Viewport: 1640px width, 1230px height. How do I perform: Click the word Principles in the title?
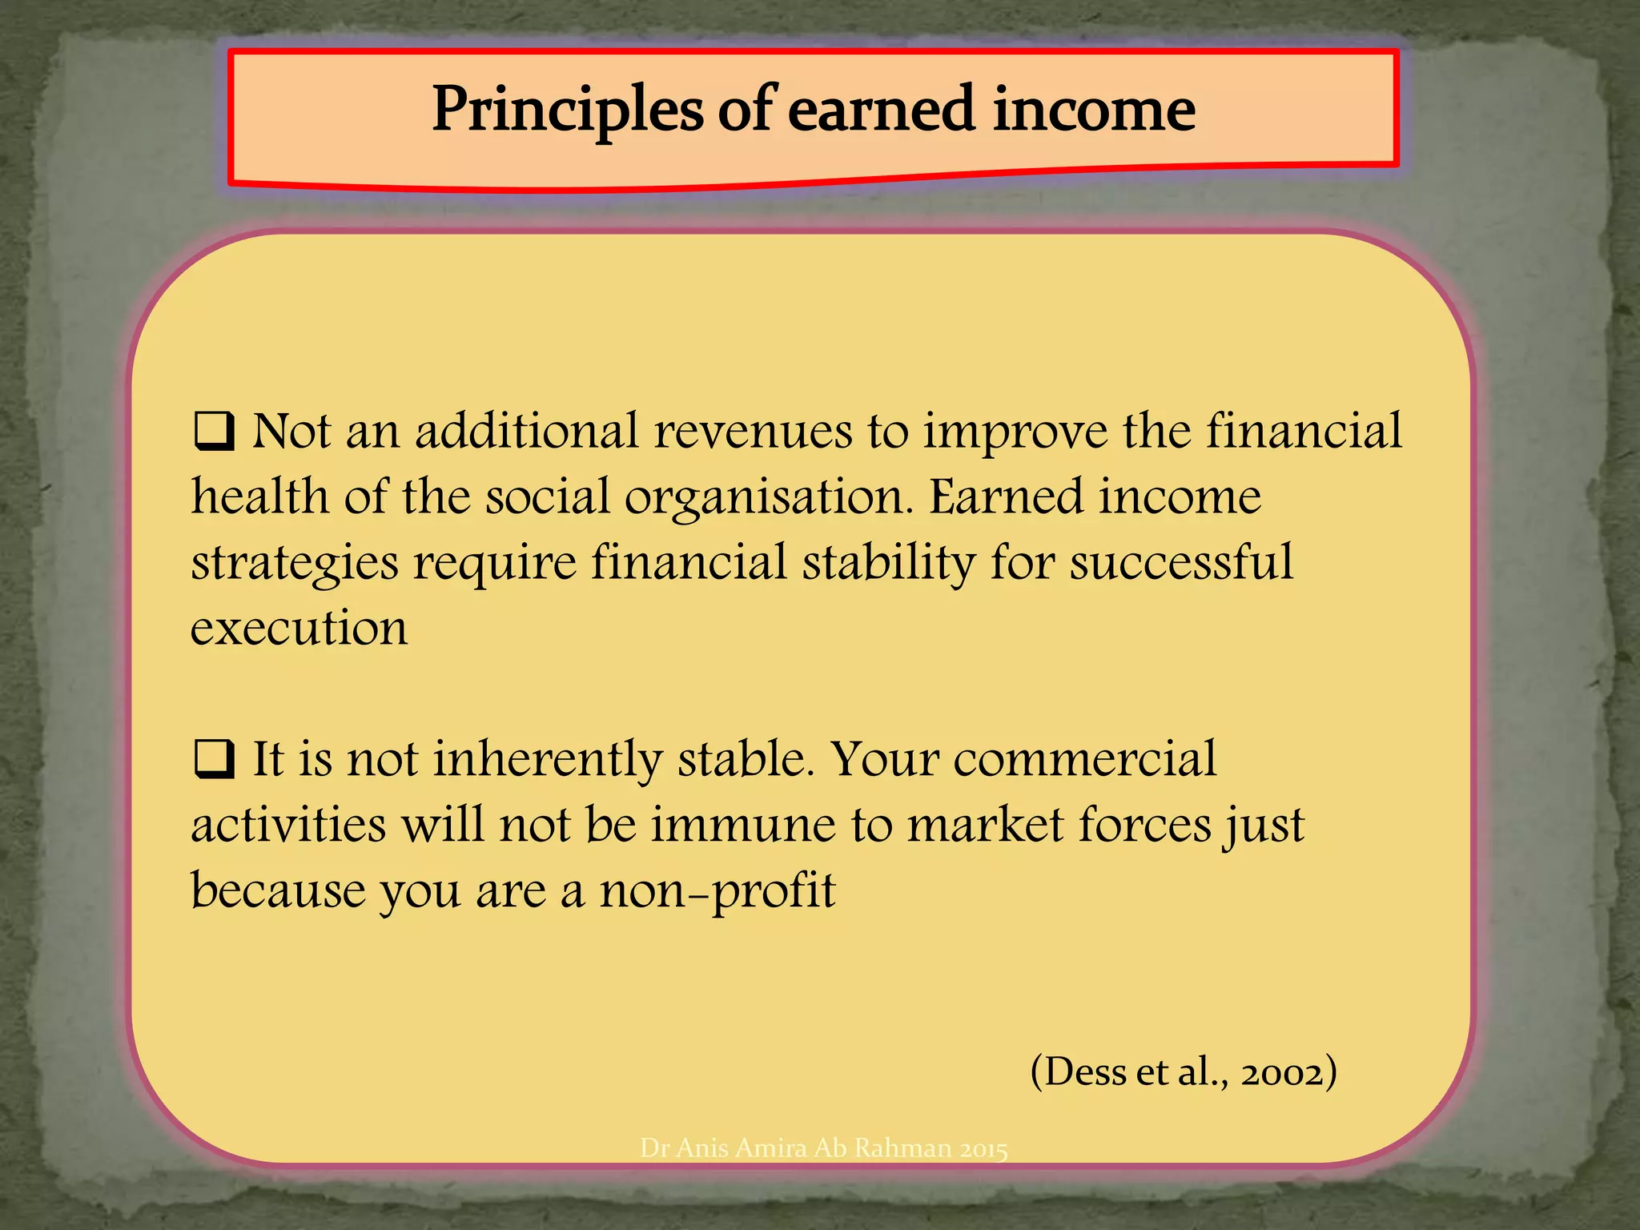coord(567,110)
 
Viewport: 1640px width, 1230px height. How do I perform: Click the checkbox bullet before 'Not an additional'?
coord(214,432)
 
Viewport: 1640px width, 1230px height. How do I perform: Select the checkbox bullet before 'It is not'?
coord(214,759)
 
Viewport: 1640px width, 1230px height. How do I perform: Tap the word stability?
coord(889,562)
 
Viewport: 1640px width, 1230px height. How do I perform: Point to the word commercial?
coord(1084,759)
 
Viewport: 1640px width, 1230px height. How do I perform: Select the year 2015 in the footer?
coord(983,1149)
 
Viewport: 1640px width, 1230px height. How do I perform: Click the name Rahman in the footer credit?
coord(903,1148)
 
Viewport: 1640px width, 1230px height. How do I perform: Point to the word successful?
coord(1181,562)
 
